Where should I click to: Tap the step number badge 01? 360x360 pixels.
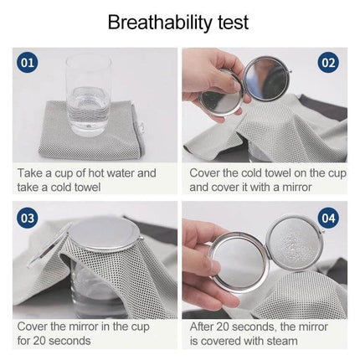[28, 62]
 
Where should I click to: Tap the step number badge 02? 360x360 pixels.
[328, 62]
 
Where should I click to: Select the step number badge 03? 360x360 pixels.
[28, 218]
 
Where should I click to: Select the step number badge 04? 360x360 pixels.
[328, 218]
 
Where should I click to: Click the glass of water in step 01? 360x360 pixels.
[88, 93]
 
